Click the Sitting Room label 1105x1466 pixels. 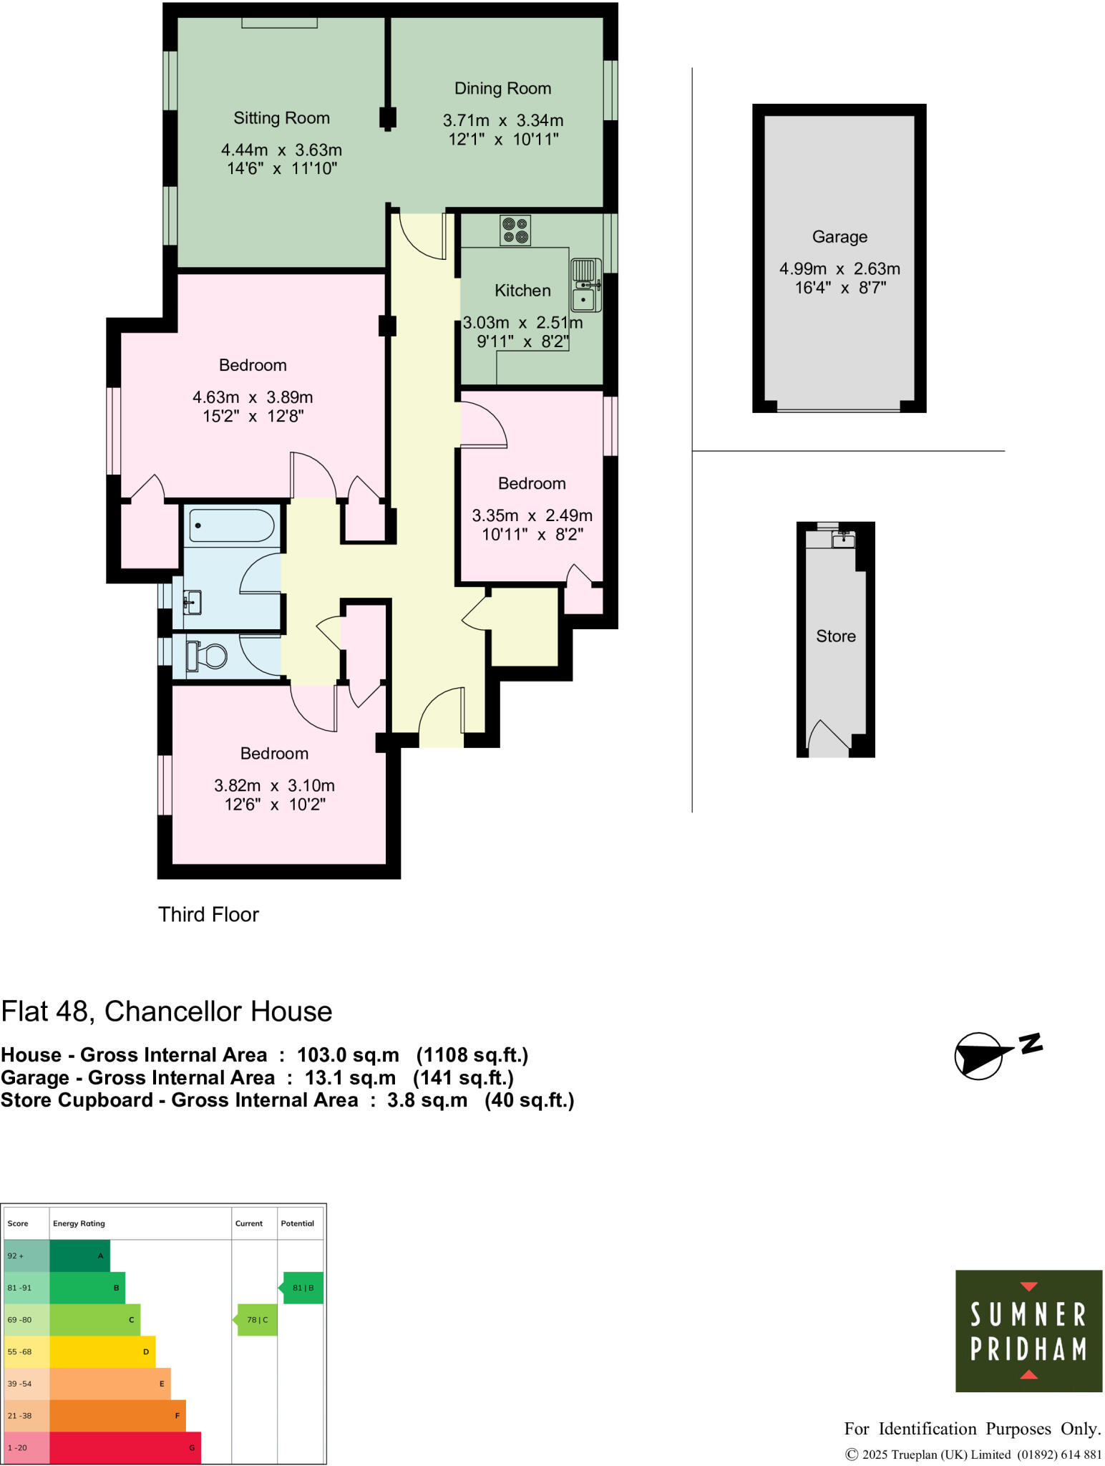click(281, 118)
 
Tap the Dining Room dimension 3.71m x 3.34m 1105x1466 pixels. click(502, 120)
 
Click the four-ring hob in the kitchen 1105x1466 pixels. click(515, 230)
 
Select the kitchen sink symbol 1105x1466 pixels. click(585, 285)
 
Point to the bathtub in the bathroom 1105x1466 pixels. click(231, 526)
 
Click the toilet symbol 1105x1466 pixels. click(207, 656)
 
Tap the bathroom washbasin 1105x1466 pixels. click(191, 602)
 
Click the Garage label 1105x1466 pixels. click(839, 237)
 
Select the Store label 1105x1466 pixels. click(835, 636)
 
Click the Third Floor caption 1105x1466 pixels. click(208, 915)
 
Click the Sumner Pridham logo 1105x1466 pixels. click(1028, 1331)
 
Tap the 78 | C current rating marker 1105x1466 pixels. click(258, 1320)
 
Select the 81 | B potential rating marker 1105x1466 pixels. click(303, 1288)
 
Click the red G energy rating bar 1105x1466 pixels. click(125, 1447)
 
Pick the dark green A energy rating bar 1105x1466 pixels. click(79, 1256)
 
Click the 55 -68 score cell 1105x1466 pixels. click(26, 1351)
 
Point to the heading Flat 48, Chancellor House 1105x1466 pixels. click(167, 1011)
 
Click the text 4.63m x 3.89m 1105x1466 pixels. click(252, 397)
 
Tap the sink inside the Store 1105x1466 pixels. click(843, 539)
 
